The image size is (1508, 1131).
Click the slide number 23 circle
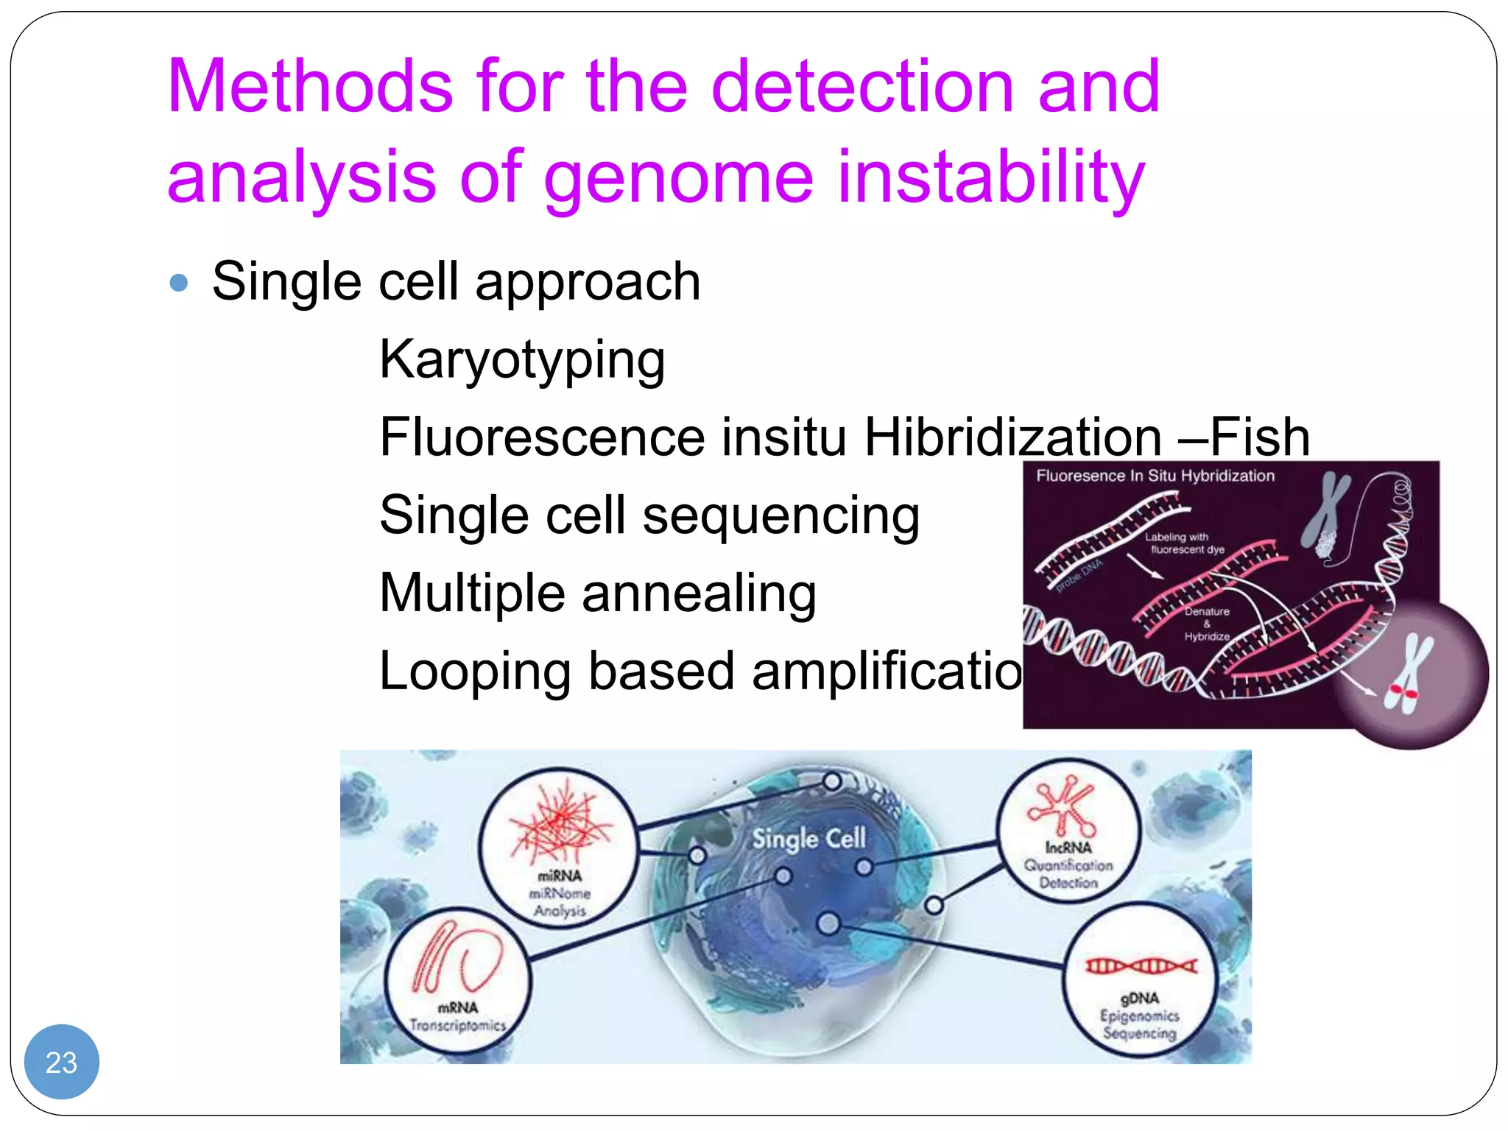coord(61,1061)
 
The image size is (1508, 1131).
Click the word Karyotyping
coord(522,360)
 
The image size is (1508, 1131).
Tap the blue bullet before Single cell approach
coord(179,283)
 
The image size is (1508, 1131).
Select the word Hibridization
coord(1012,437)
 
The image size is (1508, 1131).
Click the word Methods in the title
coord(309,87)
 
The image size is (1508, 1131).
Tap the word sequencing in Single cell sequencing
coord(781,515)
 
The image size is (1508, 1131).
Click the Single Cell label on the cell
coord(808,839)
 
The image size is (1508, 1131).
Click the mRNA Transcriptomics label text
coord(458,1017)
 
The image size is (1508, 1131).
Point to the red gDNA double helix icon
coord(1141,966)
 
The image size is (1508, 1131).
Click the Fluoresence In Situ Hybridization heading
coord(1155,476)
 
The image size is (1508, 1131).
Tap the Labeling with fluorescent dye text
coord(1183,543)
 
